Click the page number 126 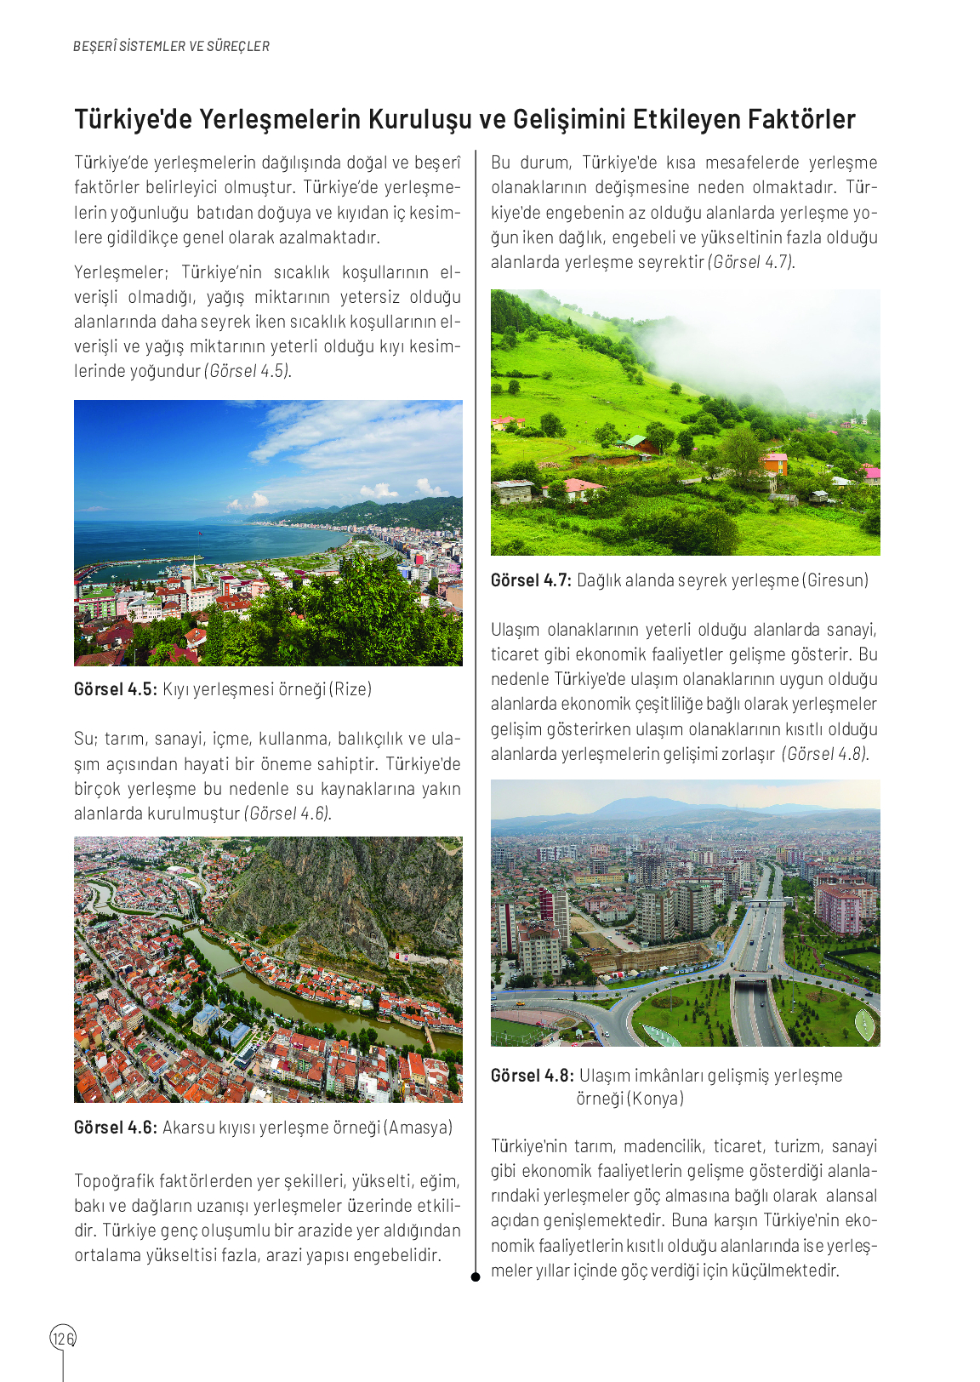tap(63, 1339)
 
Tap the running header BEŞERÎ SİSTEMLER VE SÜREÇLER tap(171, 46)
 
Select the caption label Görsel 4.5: tap(115, 689)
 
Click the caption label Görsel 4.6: tap(115, 1128)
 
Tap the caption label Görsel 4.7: tap(531, 580)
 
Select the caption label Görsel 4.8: tap(532, 1076)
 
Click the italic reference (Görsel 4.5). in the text tap(248, 371)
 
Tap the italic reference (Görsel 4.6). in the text tap(288, 814)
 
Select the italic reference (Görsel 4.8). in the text tap(825, 754)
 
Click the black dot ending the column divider tap(476, 1276)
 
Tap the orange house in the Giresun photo tap(774, 463)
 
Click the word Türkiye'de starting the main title tap(133, 119)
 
